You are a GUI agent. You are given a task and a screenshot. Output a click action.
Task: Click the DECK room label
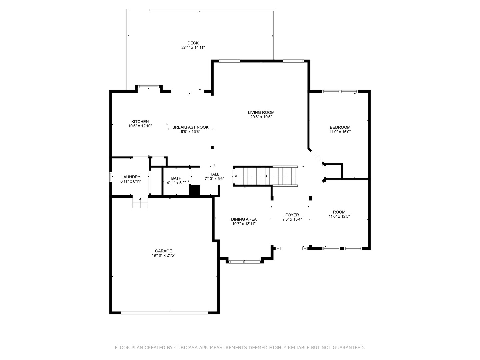193,43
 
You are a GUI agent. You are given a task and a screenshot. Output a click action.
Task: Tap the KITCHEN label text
140,122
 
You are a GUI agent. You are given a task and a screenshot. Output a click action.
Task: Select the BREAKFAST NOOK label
190,127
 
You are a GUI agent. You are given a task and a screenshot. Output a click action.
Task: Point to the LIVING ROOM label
261,113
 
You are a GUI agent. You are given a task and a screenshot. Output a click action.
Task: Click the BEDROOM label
340,127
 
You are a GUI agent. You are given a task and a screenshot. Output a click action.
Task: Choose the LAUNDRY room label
131,177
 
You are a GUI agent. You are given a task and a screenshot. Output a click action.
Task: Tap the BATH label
176,178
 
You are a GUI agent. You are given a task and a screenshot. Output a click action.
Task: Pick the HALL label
214,174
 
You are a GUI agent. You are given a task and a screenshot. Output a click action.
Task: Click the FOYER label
292,215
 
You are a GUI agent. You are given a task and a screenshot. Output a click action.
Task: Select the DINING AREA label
244,219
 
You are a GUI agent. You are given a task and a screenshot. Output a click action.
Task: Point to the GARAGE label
163,251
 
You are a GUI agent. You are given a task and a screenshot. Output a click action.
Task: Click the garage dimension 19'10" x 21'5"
164,255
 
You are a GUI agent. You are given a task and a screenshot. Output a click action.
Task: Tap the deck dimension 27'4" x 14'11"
193,47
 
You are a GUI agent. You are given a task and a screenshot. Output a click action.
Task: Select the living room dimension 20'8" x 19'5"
261,117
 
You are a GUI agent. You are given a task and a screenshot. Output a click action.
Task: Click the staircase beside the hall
265,176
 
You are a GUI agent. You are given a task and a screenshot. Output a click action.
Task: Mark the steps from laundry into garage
140,202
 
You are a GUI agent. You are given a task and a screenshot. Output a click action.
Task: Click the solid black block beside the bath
195,190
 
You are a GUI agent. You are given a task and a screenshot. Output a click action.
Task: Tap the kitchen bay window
149,87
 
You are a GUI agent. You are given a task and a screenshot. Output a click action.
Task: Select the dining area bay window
245,262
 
